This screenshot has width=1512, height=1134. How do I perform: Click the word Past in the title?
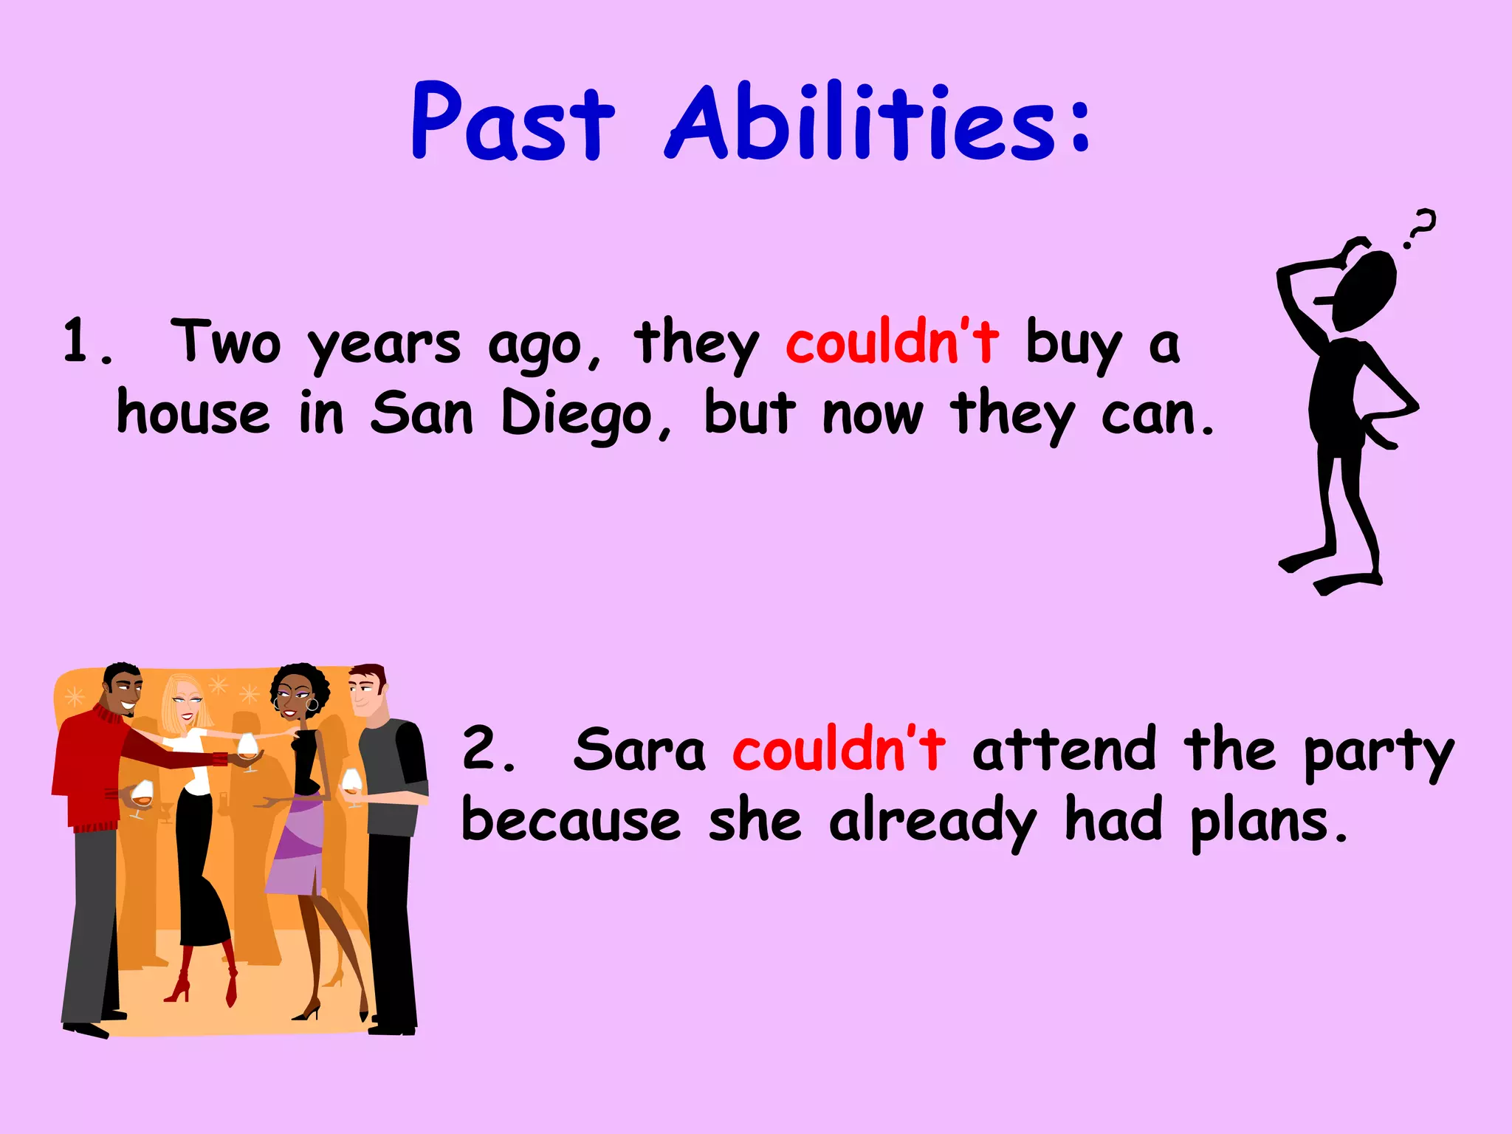coord(512,122)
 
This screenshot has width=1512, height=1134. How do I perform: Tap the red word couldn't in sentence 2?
coord(838,749)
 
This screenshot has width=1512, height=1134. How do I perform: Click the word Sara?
coord(639,750)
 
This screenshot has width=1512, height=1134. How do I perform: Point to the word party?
coord(1378,753)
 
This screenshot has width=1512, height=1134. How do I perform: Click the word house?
coord(193,413)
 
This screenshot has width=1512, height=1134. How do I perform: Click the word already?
coord(932,822)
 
